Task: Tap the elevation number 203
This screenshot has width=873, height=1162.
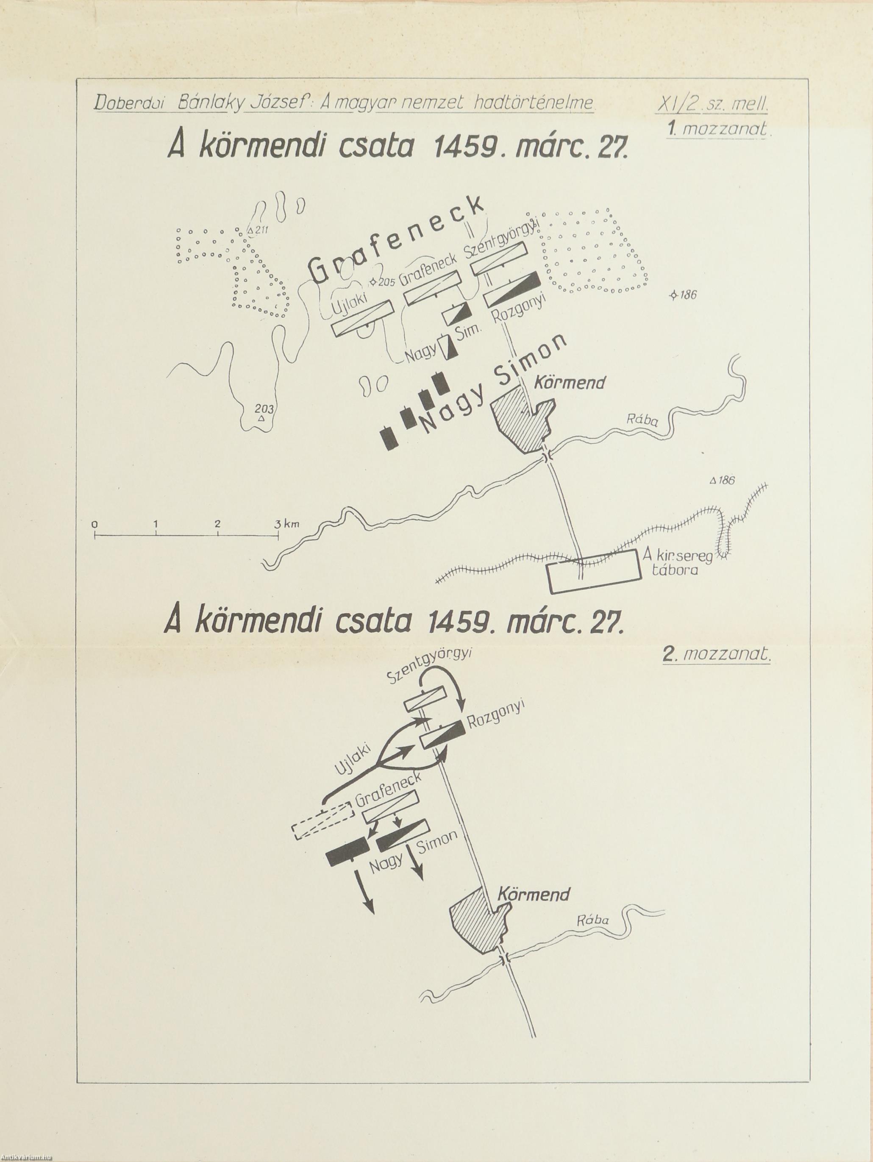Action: click(261, 409)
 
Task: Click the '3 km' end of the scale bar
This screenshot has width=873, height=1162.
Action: click(288, 524)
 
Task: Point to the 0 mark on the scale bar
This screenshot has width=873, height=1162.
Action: click(94, 524)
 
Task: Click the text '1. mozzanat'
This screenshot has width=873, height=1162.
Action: click(717, 129)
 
